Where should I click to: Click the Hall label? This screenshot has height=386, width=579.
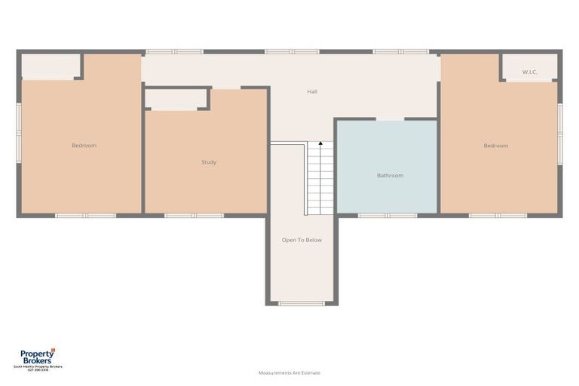pos(312,92)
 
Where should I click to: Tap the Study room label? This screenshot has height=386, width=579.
pos(209,162)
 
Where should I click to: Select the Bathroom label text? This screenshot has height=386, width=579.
pos(390,176)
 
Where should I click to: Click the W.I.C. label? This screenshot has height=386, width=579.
pos(530,72)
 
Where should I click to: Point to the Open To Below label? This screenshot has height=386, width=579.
pos(302,240)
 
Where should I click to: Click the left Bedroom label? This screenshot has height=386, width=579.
pos(84,146)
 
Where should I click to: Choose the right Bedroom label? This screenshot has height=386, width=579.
pos(495,146)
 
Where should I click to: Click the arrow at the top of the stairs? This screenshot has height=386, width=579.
pos(320,143)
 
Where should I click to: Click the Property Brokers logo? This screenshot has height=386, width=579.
pos(37,356)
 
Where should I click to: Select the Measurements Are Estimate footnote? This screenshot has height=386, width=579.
pos(289,372)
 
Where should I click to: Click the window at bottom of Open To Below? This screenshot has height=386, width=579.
pos(302,303)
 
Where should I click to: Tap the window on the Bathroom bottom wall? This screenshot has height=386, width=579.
pos(387,216)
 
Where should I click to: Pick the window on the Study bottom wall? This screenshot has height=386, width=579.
pos(195,216)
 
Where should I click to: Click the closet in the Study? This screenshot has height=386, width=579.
pos(176,99)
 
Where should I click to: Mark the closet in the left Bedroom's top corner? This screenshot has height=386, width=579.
pos(51,66)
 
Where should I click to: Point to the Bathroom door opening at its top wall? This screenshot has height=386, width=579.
pos(390,119)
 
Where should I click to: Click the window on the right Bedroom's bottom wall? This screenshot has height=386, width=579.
pos(498,216)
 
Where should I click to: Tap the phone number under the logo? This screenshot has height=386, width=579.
pos(37,369)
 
